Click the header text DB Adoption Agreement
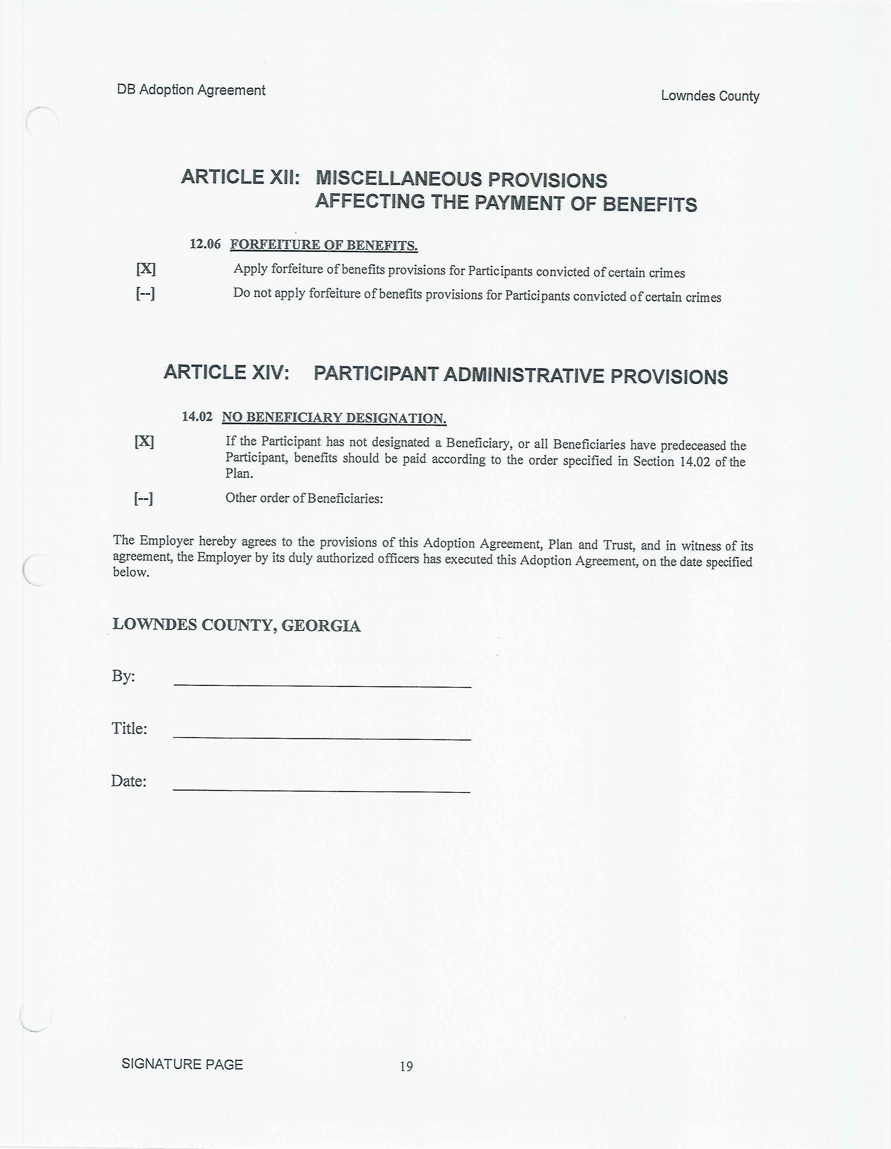pyautogui.click(x=191, y=90)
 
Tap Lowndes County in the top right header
pyautogui.click(x=710, y=96)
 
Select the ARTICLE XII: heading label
pyautogui.click(x=240, y=177)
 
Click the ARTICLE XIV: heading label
pyautogui.click(x=226, y=372)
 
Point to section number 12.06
pyautogui.click(x=205, y=244)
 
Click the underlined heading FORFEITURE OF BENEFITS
pyautogui.click(x=324, y=245)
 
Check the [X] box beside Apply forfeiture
pyautogui.click(x=146, y=269)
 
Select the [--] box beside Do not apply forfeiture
pyautogui.click(x=145, y=293)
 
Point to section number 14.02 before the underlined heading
pyautogui.click(x=197, y=417)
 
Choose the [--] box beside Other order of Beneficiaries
pyautogui.click(x=144, y=498)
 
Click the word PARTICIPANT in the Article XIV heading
pyautogui.click(x=375, y=374)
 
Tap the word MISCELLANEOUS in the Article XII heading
pyautogui.click(x=399, y=179)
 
